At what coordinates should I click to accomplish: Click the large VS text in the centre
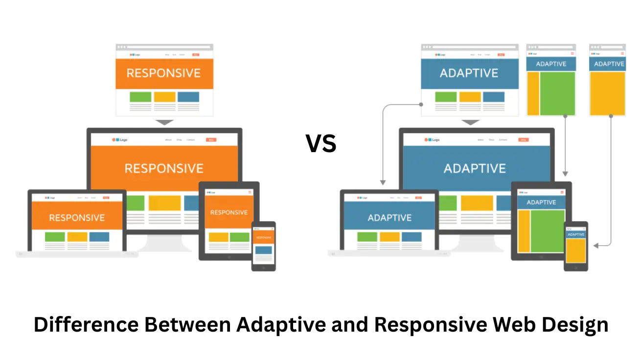coord(321,144)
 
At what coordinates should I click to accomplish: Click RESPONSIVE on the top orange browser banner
coord(164,73)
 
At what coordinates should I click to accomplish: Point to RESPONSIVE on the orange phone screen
coord(264,237)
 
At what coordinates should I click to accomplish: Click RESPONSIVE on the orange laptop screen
coord(77,218)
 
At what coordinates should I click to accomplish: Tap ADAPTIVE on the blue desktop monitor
coord(475,169)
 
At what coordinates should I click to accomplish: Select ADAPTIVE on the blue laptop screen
coord(390,218)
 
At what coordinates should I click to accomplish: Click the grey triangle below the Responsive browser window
coord(164,122)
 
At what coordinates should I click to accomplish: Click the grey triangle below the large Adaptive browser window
coord(470,122)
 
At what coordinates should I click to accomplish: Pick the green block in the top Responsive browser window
coord(140,97)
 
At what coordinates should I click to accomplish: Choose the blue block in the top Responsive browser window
coord(188,97)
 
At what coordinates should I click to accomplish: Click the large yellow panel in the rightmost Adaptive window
coord(607,93)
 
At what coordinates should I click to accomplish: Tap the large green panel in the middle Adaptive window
coord(557,93)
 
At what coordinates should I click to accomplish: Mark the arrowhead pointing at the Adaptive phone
coord(595,245)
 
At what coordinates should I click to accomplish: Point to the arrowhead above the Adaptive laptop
coord(383,182)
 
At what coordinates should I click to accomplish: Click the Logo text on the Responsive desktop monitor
coord(123,140)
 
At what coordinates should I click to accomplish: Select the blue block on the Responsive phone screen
coord(264,250)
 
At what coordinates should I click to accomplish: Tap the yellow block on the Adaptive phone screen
coord(576,250)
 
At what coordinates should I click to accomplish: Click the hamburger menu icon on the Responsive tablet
coord(250,192)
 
